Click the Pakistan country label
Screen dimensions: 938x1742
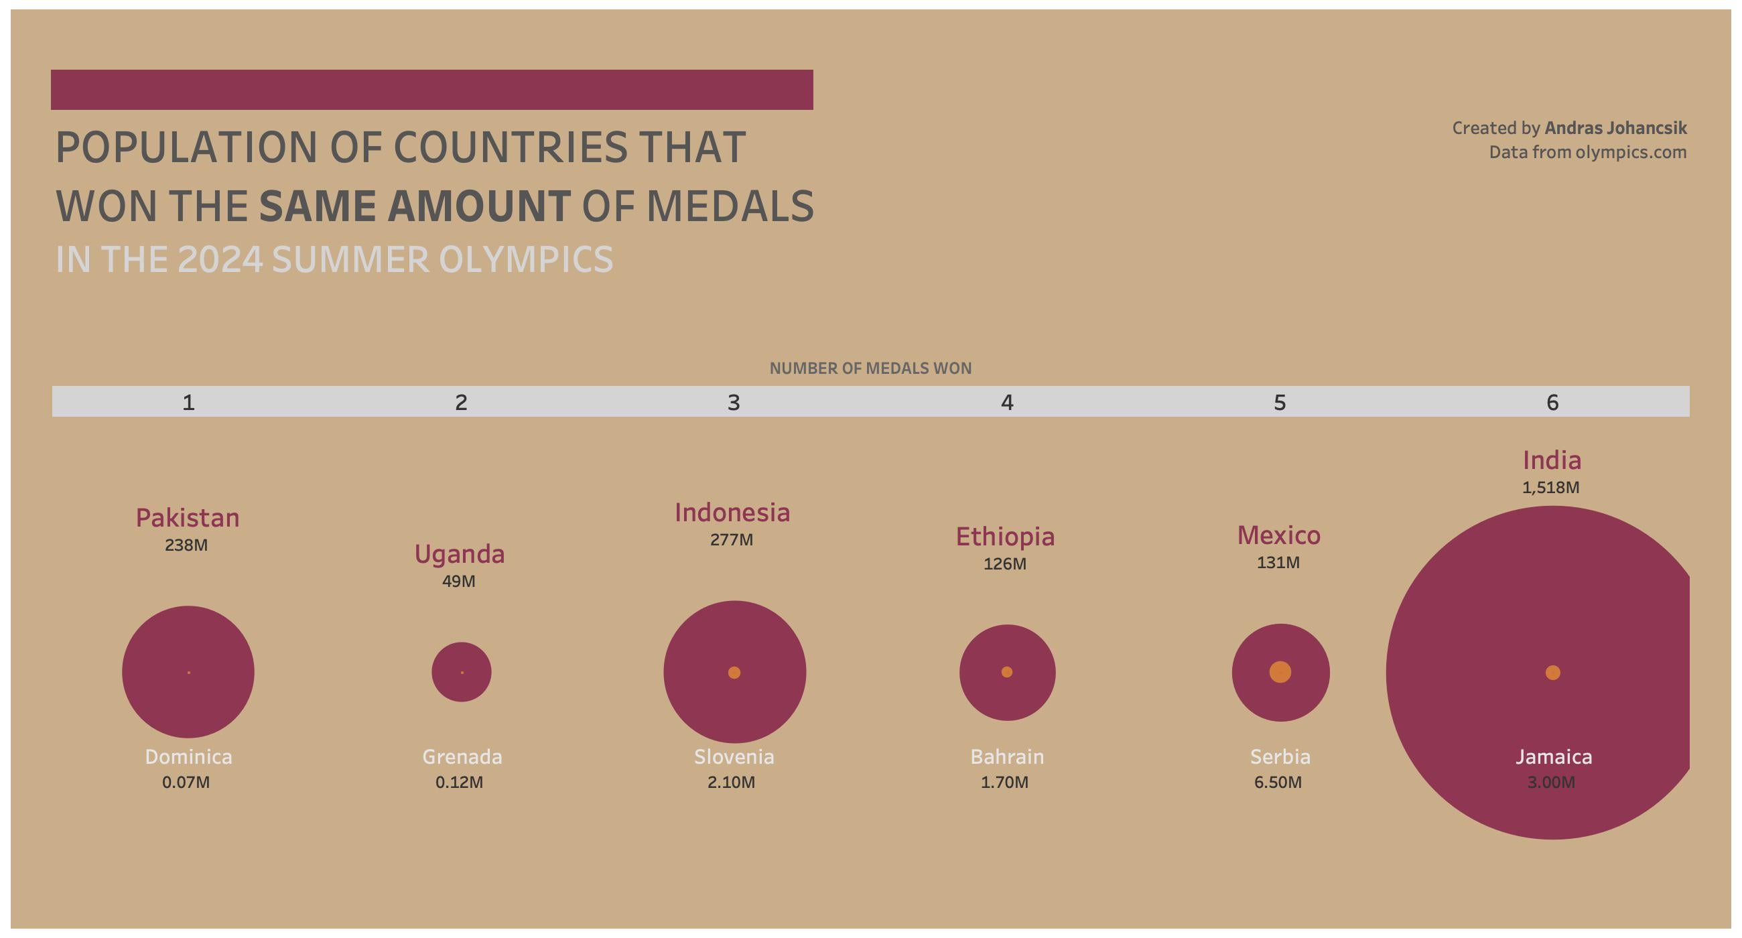pos(188,518)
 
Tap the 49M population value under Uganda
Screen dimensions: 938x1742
pos(458,582)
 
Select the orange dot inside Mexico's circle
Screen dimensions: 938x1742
pos(1280,672)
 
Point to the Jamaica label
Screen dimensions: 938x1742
pos(1553,756)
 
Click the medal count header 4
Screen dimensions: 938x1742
pos(1007,403)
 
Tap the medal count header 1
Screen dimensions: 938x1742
pos(189,403)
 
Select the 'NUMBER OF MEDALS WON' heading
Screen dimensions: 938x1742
pos(870,368)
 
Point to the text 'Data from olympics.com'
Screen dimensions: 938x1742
pos(1587,153)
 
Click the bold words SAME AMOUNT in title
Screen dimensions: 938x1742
pos(415,206)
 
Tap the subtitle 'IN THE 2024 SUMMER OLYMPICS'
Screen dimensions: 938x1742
pos(334,260)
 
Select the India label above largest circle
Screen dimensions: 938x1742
pos(1551,460)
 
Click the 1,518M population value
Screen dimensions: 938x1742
pos(1550,488)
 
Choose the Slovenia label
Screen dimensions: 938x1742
pos(734,756)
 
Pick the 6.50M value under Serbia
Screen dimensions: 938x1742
pos(1278,783)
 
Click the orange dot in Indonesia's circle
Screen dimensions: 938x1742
pos(734,672)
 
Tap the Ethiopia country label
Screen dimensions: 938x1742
pos(1005,537)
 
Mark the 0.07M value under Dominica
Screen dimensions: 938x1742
pos(186,783)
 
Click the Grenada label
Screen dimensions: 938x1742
pos(462,756)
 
